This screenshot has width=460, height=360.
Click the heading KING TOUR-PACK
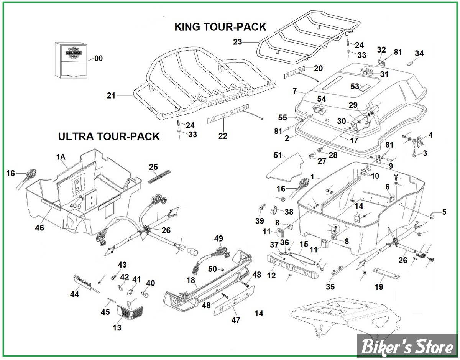pos(220,27)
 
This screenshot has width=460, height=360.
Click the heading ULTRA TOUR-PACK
pos(108,136)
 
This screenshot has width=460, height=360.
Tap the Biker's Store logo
pos(407,347)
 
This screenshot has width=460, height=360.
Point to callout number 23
pos(238,42)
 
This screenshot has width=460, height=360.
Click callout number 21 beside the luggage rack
pos(111,96)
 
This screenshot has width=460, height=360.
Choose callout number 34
pos(419,54)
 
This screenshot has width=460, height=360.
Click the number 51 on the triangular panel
pos(278,155)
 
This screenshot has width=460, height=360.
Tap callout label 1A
pos(61,157)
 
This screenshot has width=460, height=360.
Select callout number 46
pos(39,228)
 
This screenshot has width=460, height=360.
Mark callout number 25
pos(153,167)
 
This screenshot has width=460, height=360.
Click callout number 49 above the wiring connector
pos(219,239)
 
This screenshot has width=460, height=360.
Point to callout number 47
pos(236,320)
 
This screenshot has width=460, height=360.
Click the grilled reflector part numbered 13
pos(128,311)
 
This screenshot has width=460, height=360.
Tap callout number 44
pos(75,294)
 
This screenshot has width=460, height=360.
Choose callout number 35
pos(330,287)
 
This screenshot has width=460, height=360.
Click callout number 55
pos(283,117)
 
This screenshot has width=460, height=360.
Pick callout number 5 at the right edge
pos(444,212)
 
